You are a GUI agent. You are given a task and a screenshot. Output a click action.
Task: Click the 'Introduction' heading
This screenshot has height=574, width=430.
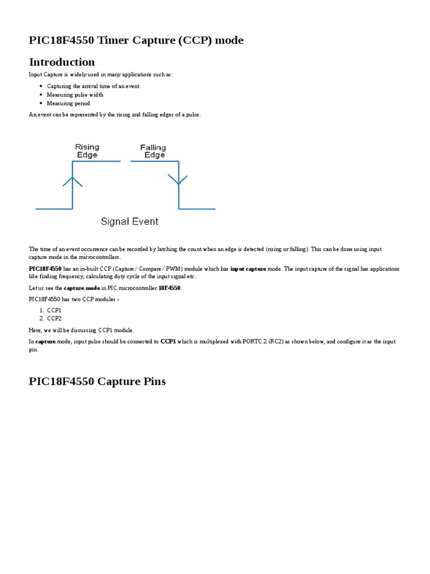62,62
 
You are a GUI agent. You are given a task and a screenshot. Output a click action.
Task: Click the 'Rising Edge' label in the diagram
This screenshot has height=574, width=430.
87,151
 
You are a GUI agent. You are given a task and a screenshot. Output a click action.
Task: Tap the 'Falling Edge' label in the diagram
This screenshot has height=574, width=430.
153,151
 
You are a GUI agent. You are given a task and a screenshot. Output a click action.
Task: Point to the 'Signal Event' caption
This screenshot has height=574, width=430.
129,221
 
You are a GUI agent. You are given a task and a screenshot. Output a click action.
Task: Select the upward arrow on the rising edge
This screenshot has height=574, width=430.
72,180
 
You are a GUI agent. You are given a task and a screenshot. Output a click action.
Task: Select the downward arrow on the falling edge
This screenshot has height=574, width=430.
179,179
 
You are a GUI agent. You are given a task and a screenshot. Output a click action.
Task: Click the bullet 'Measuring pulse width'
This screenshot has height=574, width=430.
75,95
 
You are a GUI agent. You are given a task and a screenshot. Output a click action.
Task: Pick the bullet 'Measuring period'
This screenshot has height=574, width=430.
68,103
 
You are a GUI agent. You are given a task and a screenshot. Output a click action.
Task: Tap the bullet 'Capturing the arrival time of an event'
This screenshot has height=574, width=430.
93,86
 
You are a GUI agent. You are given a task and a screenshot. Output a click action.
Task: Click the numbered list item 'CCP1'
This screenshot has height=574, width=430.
54,310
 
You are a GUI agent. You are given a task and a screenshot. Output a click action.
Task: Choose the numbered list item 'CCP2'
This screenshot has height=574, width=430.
54,318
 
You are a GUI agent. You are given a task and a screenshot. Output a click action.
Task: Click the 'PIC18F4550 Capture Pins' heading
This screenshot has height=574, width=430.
97,382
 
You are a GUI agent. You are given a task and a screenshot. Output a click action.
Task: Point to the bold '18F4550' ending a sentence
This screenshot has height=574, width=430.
170,288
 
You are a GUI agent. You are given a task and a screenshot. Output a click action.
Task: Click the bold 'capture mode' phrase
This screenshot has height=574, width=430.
82,288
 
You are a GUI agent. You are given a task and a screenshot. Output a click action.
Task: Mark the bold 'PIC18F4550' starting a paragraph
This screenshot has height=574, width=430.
45,269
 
